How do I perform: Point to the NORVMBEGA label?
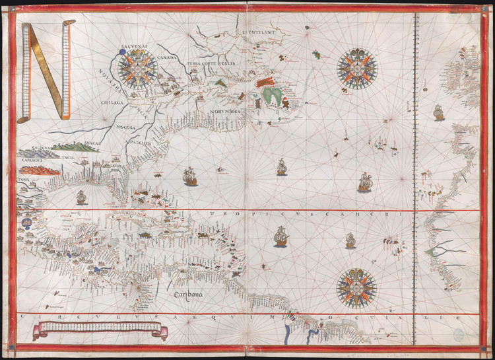[226, 111]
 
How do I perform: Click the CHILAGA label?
[113, 102]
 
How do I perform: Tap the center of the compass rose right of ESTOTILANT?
[356, 68]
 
